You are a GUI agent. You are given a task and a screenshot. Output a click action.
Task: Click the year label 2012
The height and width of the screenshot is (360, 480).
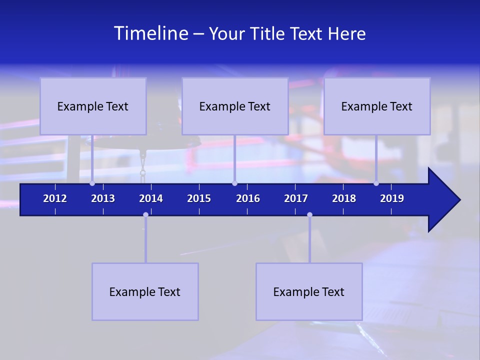click(x=55, y=198)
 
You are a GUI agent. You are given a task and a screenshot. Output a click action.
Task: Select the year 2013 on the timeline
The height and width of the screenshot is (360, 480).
click(x=103, y=198)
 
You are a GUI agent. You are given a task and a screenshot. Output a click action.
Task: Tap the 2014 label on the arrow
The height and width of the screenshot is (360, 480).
click(x=151, y=198)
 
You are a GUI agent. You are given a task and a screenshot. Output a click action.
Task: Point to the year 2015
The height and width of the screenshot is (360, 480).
click(x=199, y=198)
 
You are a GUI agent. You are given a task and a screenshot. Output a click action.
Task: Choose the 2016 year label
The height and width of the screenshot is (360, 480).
click(x=248, y=198)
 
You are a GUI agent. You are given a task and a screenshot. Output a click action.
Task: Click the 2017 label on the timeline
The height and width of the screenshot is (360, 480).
click(x=296, y=198)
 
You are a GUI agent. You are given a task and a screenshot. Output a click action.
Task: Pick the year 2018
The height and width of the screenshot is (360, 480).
click(x=344, y=198)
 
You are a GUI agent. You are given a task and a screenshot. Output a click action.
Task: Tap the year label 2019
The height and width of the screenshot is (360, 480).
click(x=392, y=198)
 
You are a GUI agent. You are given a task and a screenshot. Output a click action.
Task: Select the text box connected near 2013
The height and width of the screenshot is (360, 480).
click(x=93, y=106)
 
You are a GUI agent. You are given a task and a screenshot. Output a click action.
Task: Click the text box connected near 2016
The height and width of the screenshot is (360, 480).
click(x=235, y=106)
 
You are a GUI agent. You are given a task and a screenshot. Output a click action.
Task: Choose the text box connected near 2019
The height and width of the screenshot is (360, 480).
click(x=377, y=106)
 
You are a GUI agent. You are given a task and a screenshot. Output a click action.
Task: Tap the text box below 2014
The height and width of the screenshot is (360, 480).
click(x=145, y=292)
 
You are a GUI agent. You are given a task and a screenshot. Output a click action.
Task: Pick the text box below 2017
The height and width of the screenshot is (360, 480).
click(x=309, y=292)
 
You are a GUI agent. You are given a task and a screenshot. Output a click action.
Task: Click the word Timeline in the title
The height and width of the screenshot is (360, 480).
click(x=149, y=33)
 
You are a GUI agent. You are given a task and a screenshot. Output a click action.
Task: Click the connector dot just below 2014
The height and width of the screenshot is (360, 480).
click(x=145, y=215)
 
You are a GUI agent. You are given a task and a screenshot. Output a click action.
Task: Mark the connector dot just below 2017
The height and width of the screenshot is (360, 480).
click(x=309, y=215)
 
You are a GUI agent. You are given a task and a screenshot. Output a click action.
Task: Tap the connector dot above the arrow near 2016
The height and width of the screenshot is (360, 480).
click(x=234, y=183)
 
